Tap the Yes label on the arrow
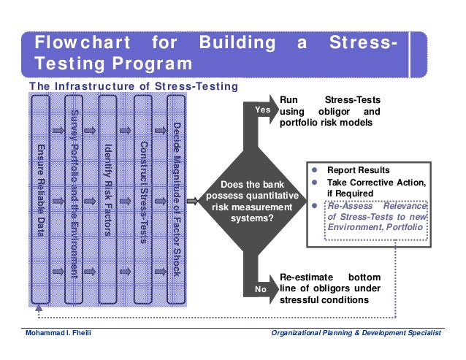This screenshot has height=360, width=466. [261, 110]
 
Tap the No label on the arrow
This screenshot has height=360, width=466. [260, 290]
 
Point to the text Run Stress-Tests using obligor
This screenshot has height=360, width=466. [330, 111]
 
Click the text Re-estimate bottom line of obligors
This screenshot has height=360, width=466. [330, 288]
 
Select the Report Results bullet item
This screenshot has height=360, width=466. [358, 170]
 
